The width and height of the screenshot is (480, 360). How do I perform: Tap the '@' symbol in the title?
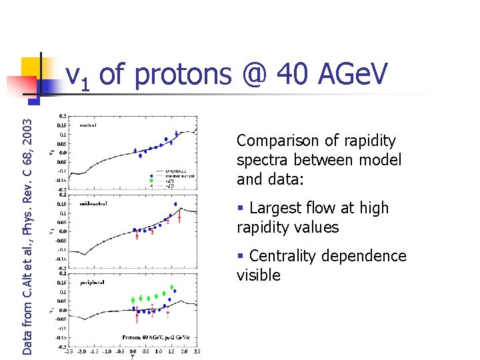point(253,76)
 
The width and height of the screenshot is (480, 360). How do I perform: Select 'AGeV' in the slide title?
point(354,76)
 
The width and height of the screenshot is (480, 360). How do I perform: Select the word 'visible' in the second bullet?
point(259,275)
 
